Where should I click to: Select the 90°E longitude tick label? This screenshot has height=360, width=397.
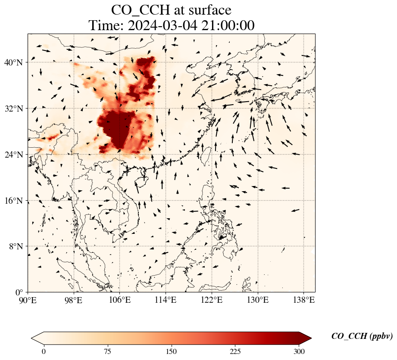(28, 300)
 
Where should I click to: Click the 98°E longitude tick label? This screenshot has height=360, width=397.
(74, 300)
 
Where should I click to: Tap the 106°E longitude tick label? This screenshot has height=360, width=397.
(119, 300)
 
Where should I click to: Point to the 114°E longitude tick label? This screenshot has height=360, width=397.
(166, 300)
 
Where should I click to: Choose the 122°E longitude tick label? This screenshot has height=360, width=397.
(212, 300)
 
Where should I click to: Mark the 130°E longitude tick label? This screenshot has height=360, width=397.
(257, 300)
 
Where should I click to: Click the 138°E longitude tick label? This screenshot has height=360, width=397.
(303, 300)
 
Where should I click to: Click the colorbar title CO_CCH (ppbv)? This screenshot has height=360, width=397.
(362, 336)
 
